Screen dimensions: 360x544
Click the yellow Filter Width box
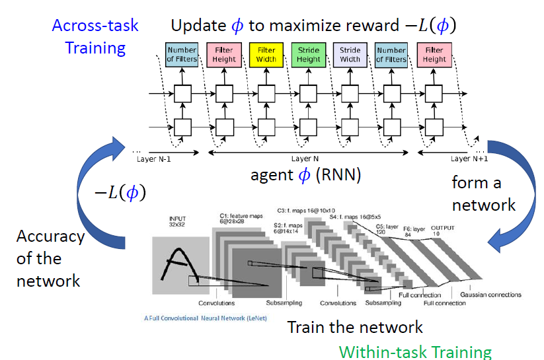(266, 55)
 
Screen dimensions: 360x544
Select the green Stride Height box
(308, 55)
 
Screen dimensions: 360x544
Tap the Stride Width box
(350, 55)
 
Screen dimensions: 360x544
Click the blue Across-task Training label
(95, 36)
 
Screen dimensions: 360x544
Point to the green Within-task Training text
(415, 351)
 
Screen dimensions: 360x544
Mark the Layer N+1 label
(469, 159)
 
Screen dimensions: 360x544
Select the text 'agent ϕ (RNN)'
(305, 175)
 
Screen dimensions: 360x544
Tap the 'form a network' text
(483, 193)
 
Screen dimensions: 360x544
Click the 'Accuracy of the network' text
(50, 258)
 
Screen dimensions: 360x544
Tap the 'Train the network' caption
(354, 326)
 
